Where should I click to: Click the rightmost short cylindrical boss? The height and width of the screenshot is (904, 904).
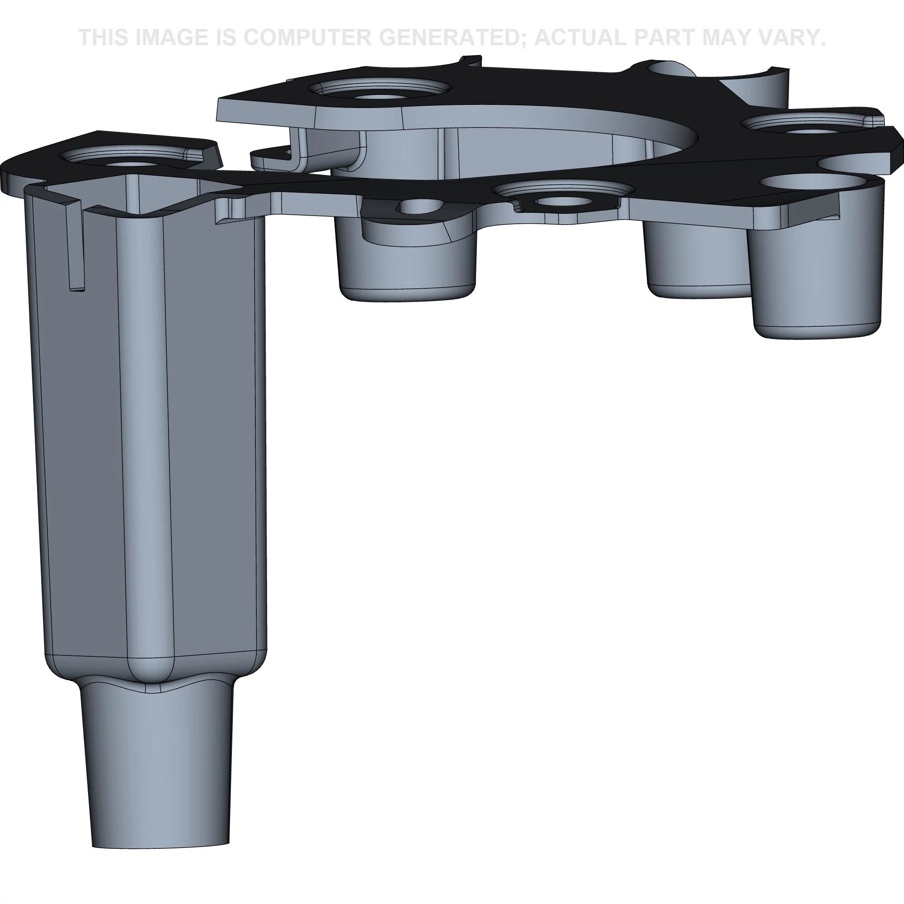tap(816, 281)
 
